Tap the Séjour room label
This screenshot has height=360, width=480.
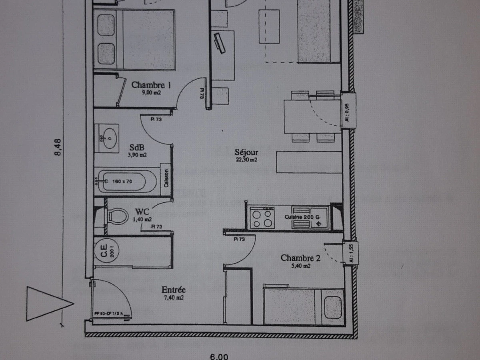(246, 152)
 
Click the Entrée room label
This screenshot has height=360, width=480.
(173, 290)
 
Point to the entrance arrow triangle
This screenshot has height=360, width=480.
(46, 304)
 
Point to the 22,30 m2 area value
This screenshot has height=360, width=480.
(246, 160)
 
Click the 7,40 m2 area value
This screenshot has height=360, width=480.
(173, 297)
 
